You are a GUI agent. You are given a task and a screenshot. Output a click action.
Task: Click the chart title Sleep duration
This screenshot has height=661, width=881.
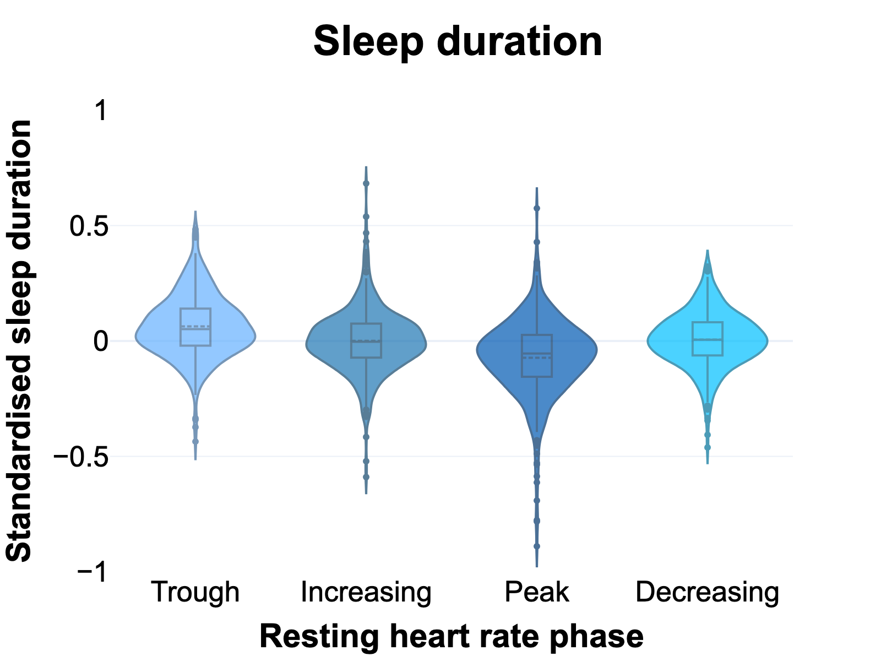458,42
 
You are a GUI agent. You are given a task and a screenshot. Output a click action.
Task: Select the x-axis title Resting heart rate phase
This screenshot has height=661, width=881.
451,637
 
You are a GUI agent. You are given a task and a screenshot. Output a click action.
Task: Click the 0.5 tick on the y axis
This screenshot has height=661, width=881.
89,226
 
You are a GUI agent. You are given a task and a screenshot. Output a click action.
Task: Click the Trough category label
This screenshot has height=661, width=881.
195,592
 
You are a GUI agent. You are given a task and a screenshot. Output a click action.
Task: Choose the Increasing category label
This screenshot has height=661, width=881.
366,592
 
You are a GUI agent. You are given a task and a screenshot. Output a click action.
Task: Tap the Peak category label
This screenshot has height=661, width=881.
537,592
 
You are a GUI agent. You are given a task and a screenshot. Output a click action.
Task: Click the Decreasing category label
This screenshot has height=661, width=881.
708,592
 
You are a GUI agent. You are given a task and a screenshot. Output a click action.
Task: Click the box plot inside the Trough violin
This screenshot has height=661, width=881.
195,327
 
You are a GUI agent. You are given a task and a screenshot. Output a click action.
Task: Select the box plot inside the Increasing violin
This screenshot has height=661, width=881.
366,340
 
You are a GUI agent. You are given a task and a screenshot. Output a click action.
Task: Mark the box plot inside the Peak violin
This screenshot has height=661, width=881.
537,356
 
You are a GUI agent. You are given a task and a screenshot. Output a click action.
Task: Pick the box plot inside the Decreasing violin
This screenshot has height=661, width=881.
708,339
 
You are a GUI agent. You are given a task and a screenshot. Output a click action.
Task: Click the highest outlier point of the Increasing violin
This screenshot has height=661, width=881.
366,183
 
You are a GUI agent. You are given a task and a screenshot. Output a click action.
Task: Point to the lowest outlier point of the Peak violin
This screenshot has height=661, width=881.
537,546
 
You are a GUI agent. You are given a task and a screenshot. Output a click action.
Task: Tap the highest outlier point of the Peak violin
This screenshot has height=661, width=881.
537,208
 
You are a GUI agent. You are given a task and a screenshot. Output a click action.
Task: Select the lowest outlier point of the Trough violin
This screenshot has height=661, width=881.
195,441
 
